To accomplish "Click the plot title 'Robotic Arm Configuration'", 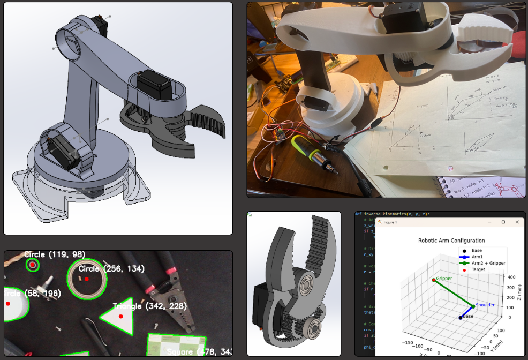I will (451, 241).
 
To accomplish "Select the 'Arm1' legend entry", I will (478, 257).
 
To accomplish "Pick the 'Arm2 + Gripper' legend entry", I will (488, 263).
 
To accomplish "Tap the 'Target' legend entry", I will (478, 269).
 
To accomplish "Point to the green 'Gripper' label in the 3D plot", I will (444, 279).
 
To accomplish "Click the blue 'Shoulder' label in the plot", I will (485, 305).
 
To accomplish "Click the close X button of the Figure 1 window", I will (517, 222).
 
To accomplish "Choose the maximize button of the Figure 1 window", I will (503, 222).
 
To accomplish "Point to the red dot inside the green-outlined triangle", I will (122, 317).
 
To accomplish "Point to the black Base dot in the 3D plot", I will (461, 318).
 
